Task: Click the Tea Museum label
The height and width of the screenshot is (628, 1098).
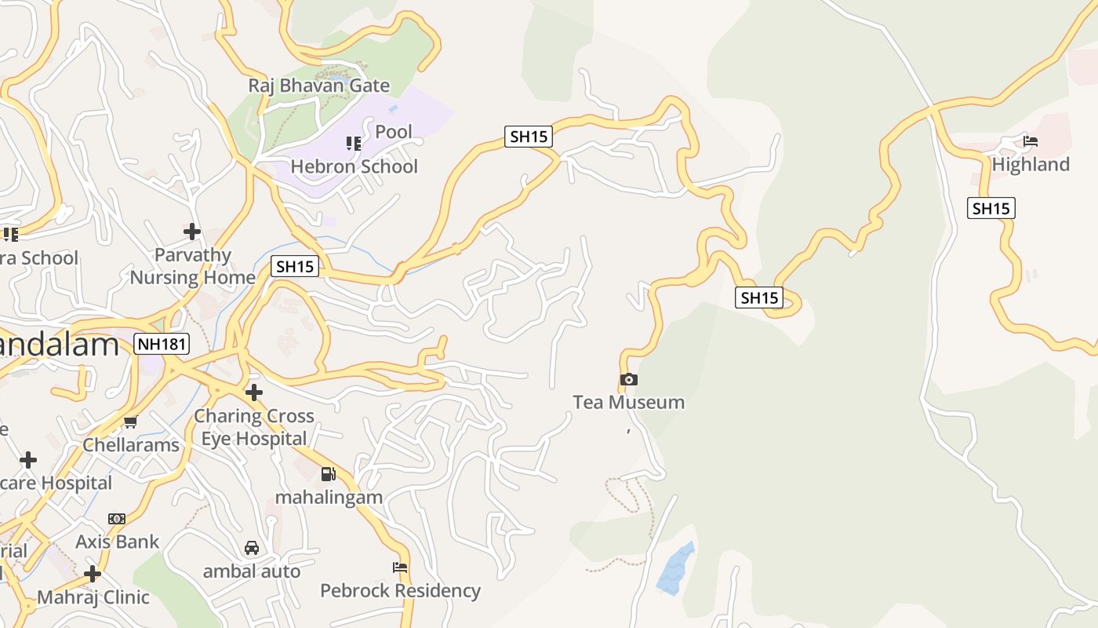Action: pos(628,403)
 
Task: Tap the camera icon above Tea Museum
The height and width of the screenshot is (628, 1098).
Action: pos(628,380)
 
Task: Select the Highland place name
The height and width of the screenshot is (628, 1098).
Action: pos(1031,165)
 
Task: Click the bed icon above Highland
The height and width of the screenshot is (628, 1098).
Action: pos(1031,142)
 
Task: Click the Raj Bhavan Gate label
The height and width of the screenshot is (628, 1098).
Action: pos(319,86)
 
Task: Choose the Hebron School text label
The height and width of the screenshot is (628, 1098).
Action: pos(354,166)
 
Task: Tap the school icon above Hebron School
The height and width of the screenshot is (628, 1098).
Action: pos(354,144)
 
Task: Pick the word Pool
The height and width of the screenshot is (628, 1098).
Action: pos(394,132)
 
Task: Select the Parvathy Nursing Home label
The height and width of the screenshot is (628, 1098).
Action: pos(192,266)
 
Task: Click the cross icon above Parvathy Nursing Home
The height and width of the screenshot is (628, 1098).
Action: pos(192,232)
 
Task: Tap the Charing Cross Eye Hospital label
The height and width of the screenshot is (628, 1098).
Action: pos(254,427)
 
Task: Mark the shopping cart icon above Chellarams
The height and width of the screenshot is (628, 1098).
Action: pos(131,422)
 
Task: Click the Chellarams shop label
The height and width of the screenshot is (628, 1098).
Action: pos(131,445)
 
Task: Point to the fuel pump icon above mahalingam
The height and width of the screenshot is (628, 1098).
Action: pos(329,474)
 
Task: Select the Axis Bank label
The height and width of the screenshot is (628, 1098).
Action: pos(117,542)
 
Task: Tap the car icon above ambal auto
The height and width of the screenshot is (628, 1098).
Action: pos(252,548)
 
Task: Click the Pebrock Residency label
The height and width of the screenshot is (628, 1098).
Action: pos(400,590)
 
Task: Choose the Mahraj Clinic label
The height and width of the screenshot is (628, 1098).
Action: pos(93,597)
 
